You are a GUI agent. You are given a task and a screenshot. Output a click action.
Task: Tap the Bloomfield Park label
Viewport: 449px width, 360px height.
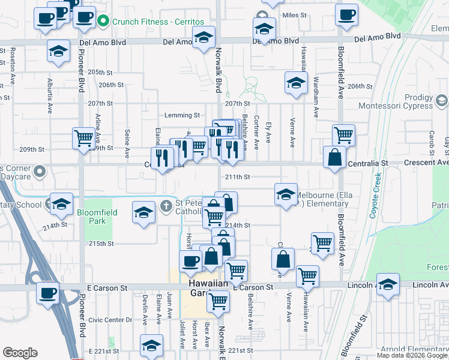point(91,217)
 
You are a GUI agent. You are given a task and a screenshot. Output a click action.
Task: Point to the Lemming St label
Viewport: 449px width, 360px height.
point(182,115)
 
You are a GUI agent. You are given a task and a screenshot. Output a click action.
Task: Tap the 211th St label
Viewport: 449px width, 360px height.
point(237,177)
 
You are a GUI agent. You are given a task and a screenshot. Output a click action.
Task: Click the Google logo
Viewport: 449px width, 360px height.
point(20,353)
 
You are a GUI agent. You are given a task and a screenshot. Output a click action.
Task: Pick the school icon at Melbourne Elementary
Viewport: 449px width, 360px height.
point(286,194)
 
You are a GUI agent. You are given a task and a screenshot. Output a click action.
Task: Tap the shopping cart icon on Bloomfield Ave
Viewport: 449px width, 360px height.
point(343,135)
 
